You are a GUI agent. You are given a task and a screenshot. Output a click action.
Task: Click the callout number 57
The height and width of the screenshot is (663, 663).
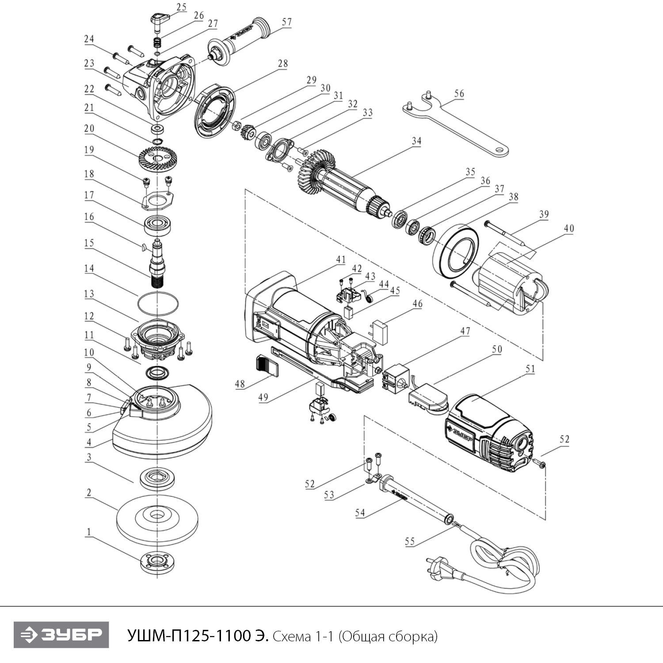287,22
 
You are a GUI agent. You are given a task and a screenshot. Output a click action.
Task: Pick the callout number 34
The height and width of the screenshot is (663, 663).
416,141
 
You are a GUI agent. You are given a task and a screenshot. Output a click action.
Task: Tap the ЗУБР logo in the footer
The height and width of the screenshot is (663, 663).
61,635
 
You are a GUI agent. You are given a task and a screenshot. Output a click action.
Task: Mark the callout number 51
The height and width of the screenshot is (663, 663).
530,369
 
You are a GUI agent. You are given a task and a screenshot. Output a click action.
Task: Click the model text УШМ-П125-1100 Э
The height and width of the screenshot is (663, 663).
198,636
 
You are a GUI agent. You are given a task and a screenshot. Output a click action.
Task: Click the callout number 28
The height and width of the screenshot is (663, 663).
283,64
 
